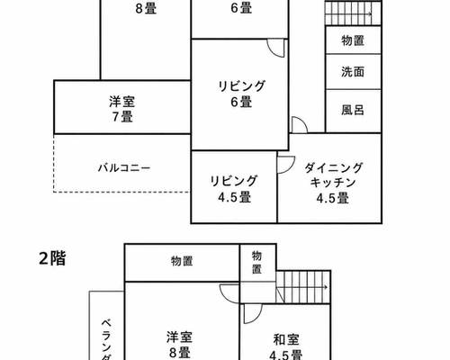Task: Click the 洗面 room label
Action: pos(353,72)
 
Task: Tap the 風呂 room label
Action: pos(353,110)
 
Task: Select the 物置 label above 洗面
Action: pos(353,40)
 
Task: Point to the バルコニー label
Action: pos(124,167)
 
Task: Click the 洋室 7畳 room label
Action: pos(122,109)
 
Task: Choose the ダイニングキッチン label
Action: pos(333,183)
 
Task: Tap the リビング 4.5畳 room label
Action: pos(234,189)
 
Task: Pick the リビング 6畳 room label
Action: pos(241,94)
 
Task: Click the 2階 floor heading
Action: pos(52,258)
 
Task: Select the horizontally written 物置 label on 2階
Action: pos(182,261)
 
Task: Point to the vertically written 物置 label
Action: pos(256,262)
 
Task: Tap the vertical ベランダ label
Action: pos(106,339)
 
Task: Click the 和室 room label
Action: pos(286,340)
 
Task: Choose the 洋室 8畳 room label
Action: pos(179,345)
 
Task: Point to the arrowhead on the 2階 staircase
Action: pos(326,287)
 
